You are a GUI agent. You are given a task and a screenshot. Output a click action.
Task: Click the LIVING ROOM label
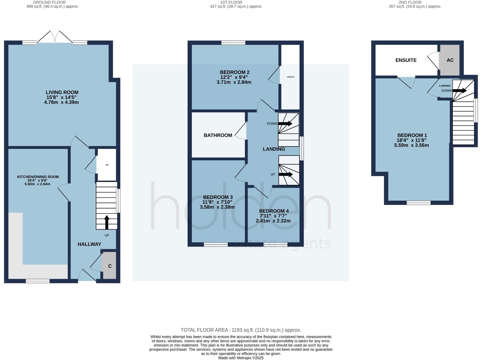(62, 92)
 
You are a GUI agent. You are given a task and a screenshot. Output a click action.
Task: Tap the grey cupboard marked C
(109, 266)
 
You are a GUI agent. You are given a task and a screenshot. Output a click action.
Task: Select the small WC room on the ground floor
(107, 165)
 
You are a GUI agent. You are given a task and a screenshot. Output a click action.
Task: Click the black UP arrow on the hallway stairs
(107, 222)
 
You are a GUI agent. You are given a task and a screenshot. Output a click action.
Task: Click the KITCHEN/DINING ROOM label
(38, 177)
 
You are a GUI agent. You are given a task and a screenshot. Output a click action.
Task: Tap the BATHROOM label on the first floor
(218, 135)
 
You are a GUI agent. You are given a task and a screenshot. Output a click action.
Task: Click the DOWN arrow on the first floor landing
(285, 124)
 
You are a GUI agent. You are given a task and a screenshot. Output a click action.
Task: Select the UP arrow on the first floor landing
(285, 174)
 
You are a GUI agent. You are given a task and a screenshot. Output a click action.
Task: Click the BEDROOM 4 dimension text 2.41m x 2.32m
(273, 221)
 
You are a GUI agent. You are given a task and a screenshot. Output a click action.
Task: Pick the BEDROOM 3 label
(218, 197)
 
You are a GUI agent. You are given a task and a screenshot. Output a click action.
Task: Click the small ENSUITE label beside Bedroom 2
(290, 77)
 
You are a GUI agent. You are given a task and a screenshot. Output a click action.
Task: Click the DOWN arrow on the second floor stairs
(460, 90)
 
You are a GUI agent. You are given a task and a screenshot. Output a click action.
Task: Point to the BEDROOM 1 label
(412, 135)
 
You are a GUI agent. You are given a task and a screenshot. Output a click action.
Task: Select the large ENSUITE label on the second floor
(406, 60)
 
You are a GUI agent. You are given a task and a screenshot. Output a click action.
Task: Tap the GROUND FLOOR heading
(49, 2)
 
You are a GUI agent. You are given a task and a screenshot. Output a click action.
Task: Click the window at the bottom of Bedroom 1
(418, 203)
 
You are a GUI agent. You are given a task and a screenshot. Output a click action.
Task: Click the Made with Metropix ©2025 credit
(241, 358)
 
